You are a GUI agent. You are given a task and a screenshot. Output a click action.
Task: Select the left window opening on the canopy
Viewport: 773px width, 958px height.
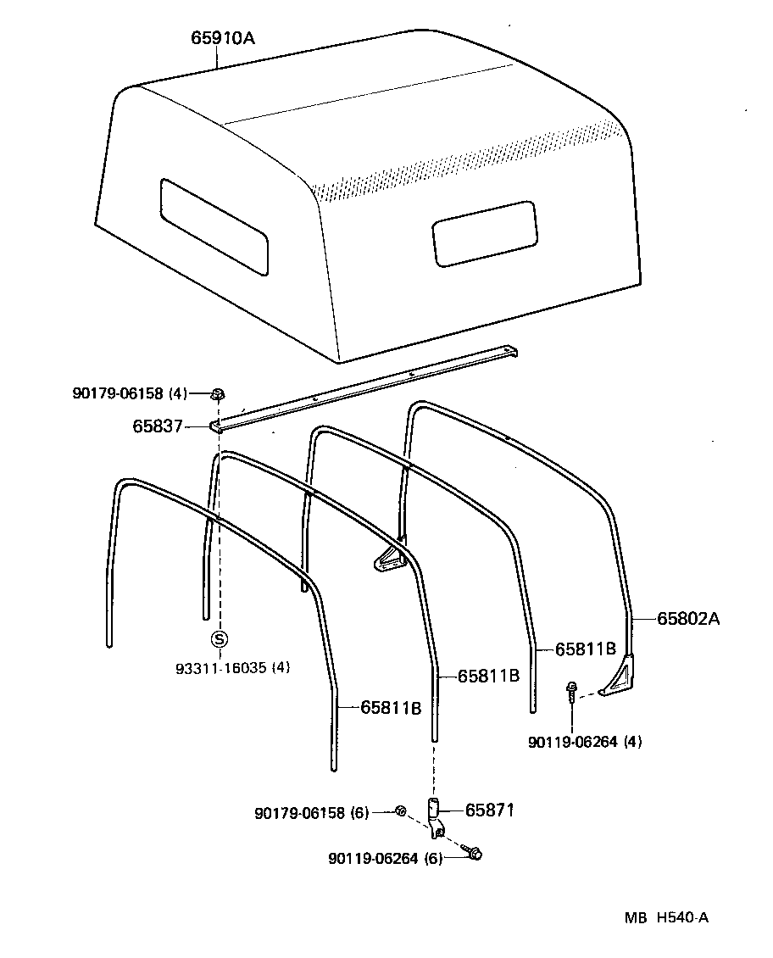(x=214, y=226)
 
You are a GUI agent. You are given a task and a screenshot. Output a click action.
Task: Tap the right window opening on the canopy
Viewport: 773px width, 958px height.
(x=484, y=233)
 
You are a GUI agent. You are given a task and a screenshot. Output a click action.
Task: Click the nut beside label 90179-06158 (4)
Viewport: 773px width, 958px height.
(x=217, y=393)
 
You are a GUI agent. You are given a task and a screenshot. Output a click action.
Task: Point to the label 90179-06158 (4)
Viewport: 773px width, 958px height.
(x=130, y=393)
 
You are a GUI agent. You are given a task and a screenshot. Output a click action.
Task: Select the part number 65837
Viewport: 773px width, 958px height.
(x=158, y=426)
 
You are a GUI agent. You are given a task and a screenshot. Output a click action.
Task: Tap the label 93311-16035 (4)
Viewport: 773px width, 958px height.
(x=233, y=668)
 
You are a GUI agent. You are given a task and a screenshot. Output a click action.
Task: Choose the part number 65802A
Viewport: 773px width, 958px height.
(x=688, y=619)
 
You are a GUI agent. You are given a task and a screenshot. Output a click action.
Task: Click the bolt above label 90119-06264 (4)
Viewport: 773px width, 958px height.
(x=572, y=691)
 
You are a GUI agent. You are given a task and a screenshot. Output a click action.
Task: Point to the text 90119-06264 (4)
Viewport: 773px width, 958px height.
(x=585, y=742)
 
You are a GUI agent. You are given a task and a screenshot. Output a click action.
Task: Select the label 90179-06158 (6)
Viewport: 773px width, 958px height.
(x=312, y=813)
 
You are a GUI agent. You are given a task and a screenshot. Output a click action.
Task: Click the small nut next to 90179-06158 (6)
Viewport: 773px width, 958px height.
(x=400, y=812)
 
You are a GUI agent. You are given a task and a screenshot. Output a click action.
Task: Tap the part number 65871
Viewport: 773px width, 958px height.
(x=490, y=810)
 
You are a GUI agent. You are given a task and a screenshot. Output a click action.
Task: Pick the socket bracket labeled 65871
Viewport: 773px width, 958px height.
(x=437, y=817)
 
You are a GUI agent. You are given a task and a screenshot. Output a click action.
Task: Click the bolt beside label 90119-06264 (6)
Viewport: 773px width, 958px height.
(x=474, y=853)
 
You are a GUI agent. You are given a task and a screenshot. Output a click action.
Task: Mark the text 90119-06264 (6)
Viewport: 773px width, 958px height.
(x=386, y=858)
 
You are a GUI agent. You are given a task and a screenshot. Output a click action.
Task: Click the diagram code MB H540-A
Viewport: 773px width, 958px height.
(x=666, y=917)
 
